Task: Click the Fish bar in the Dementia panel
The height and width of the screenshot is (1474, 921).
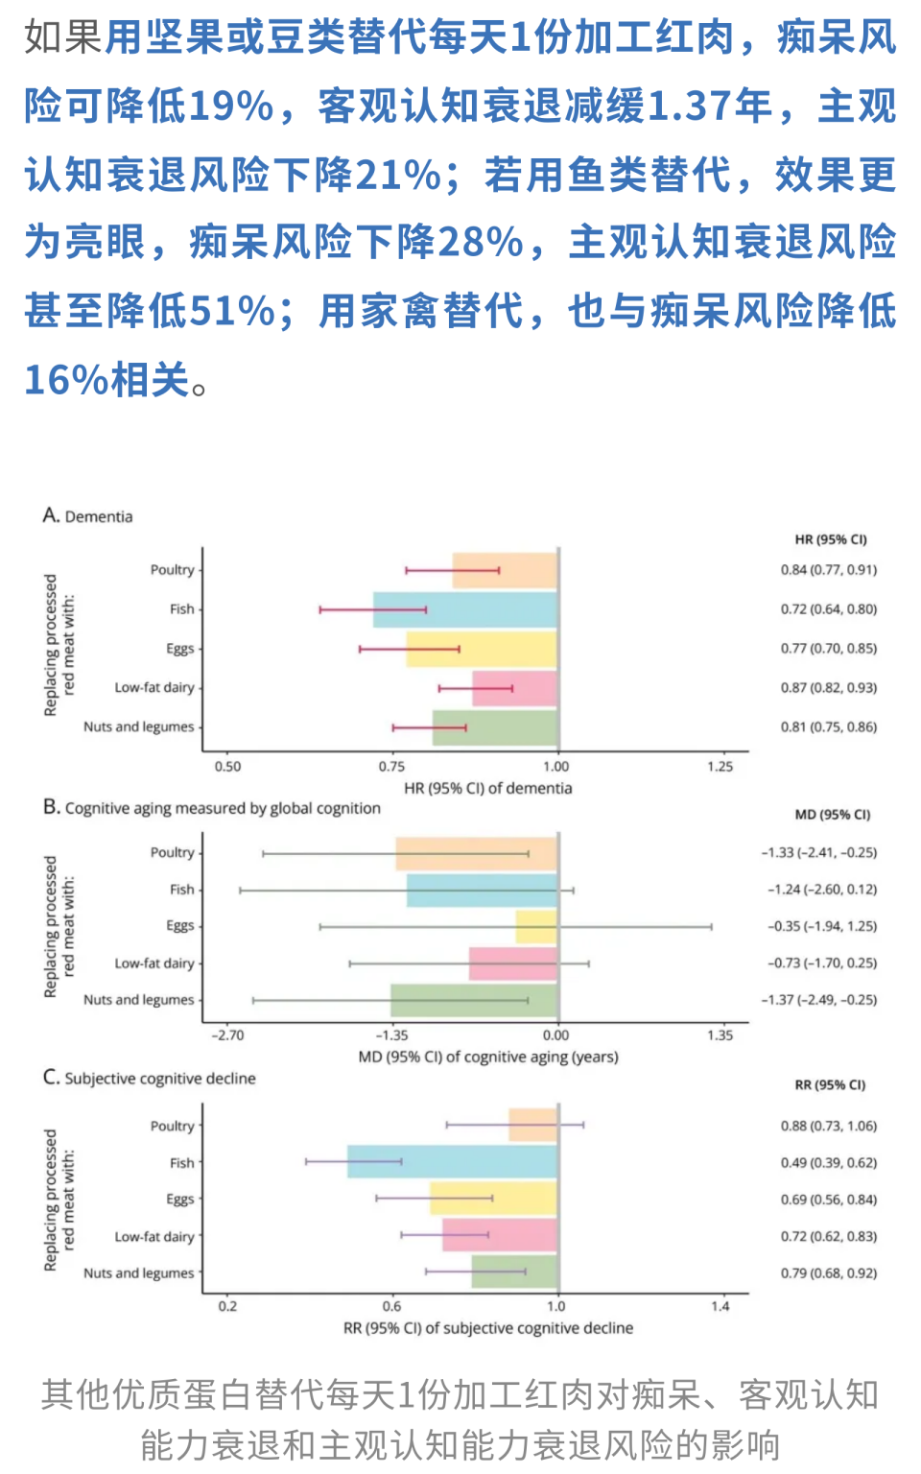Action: click(x=465, y=609)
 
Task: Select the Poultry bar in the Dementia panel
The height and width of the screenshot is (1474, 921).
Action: click(x=505, y=570)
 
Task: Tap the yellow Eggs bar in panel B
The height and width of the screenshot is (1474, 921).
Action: click(x=536, y=927)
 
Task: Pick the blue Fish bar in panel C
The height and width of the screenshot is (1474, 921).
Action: click(x=452, y=1162)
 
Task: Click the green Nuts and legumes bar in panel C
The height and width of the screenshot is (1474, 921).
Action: click(x=514, y=1272)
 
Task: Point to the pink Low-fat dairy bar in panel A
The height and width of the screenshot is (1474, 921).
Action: click(x=514, y=688)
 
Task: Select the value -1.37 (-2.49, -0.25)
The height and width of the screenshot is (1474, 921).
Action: click(x=818, y=1000)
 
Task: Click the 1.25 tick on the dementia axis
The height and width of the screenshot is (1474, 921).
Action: click(x=720, y=767)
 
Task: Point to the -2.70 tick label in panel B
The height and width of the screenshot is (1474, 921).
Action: click(x=227, y=1035)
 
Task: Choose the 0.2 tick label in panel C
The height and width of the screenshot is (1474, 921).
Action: click(x=227, y=1306)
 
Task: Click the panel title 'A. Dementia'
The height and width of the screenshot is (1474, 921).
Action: click(x=87, y=516)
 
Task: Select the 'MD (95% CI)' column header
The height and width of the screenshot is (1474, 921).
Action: click(x=832, y=815)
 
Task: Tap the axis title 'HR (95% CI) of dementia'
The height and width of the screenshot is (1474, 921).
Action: click(x=487, y=789)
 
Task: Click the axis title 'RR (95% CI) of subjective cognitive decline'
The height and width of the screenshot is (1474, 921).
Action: click(x=487, y=1328)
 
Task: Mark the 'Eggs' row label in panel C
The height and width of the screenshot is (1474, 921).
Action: click(x=179, y=1200)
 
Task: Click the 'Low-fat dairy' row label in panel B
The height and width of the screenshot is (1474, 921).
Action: click(x=154, y=963)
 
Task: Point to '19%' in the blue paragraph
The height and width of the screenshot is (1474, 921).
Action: click(x=231, y=106)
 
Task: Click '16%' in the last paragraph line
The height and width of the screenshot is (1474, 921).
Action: click(x=65, y=380)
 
